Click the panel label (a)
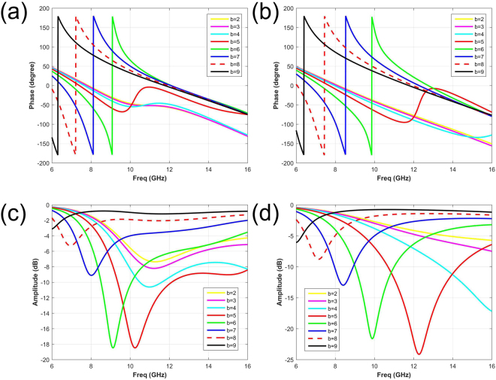tap(17, 15)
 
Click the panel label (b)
tap(264, 15)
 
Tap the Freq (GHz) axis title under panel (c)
tap(150, 375)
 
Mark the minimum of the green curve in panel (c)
tap(113, 348)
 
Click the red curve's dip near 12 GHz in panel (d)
tap(419, 354)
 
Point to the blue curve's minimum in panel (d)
tap(343, 285)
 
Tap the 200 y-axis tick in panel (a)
tap(44, 8)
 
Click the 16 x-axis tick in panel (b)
tap(491, 164)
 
